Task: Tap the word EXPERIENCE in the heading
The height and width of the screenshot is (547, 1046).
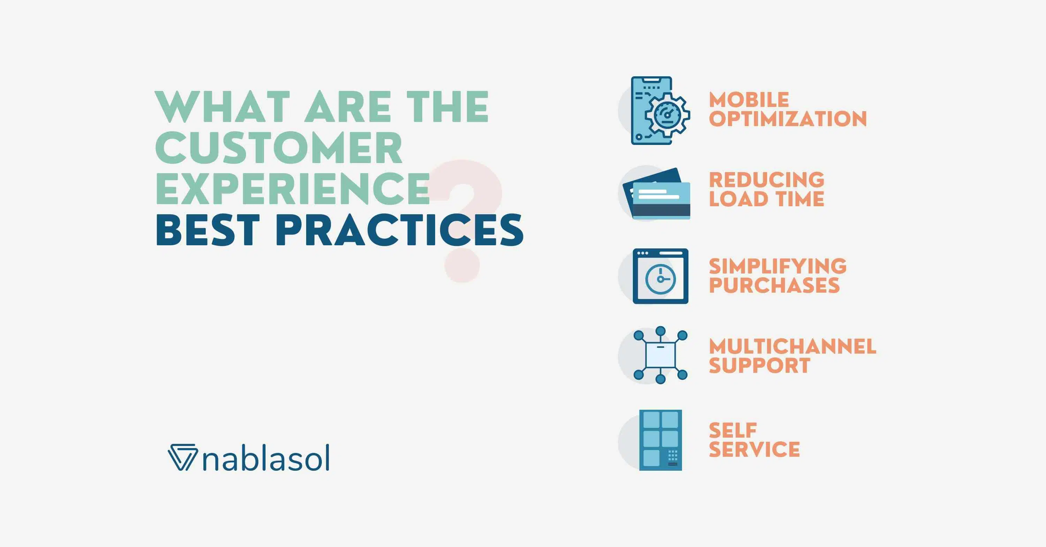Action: (293, 189)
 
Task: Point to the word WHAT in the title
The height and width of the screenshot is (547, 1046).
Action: (222, 107)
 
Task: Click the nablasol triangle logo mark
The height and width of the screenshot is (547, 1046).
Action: (182, 458)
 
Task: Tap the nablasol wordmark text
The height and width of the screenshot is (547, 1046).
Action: (266, 459)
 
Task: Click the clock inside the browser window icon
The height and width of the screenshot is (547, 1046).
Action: (661, 279)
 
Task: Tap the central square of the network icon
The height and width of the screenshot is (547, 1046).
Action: (660, 355)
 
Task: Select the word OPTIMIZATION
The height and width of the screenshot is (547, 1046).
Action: (788, 119)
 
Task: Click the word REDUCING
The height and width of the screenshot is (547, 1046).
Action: (767, 180)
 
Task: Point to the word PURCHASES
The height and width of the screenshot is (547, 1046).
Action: (774, 285)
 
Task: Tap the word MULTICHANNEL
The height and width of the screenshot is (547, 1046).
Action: (792, 347)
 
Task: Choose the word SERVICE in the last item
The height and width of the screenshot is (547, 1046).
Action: (755, 449)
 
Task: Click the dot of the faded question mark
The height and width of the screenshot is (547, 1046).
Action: (462, 265)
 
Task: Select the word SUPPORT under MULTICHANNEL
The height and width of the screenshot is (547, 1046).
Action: (759, 365)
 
